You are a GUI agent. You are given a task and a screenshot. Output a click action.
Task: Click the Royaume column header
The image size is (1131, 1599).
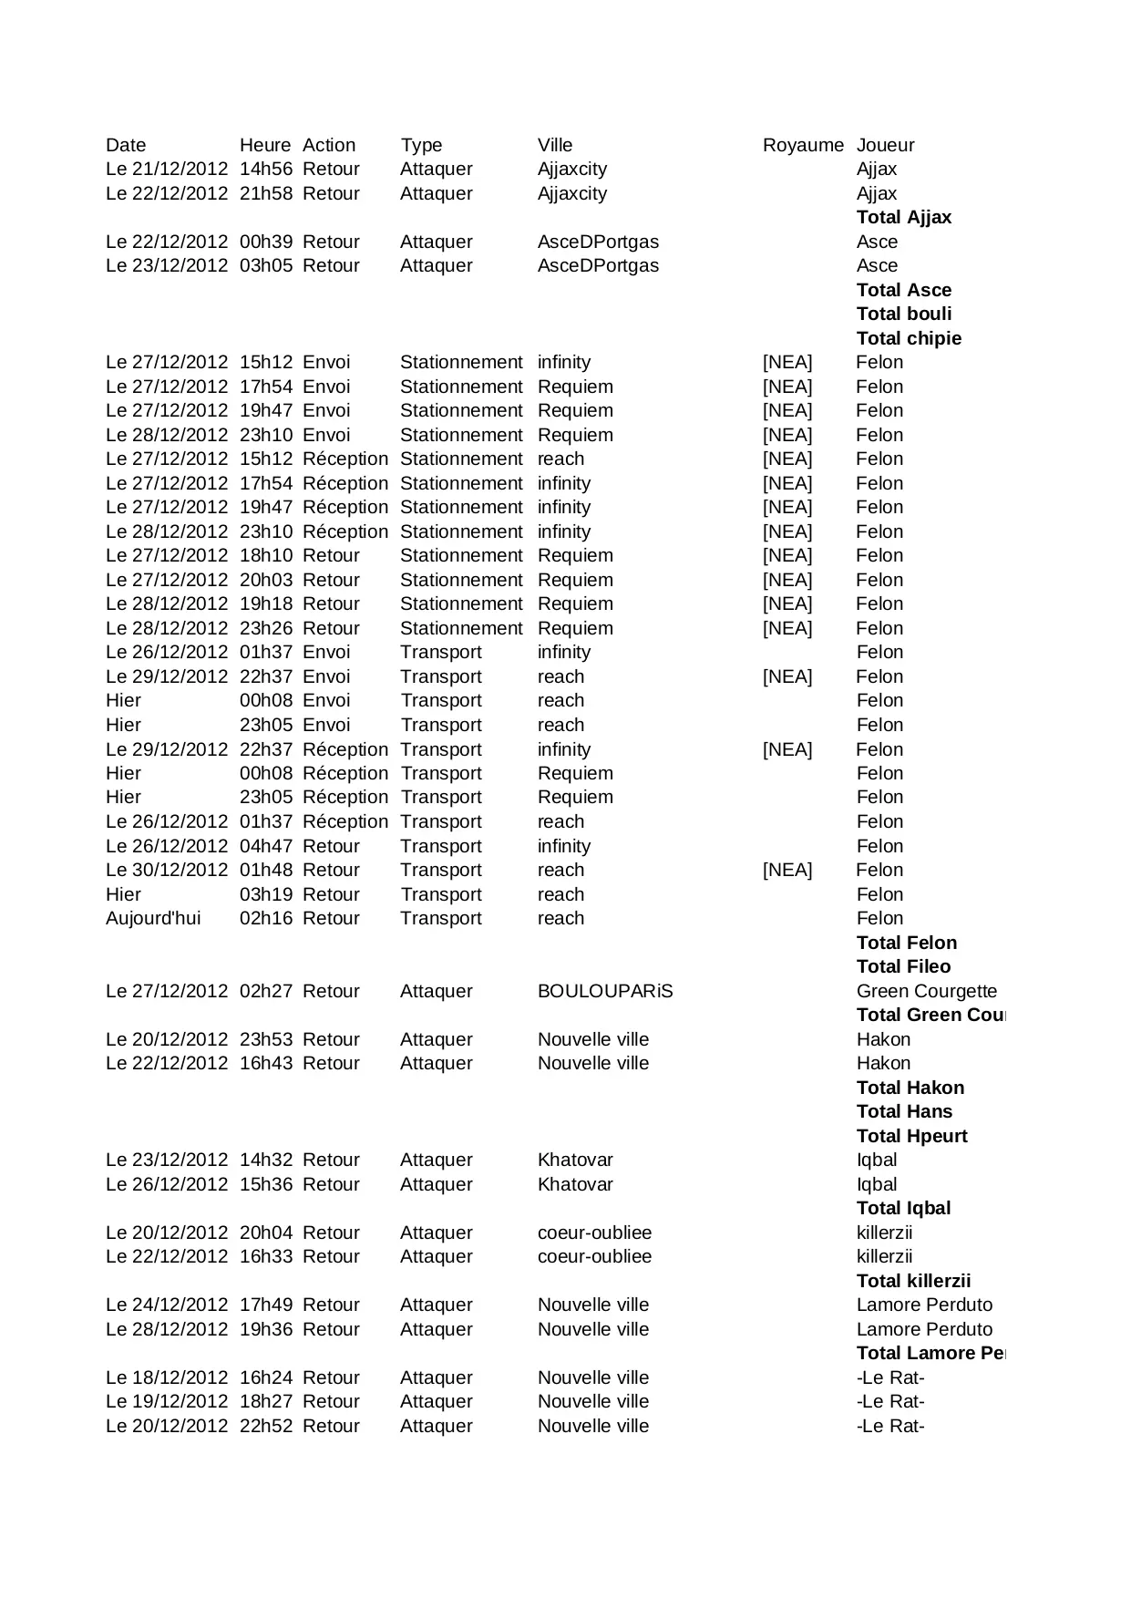(x=803, y=145)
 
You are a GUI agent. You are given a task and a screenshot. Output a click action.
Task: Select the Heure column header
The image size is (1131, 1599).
(x=264, y=145)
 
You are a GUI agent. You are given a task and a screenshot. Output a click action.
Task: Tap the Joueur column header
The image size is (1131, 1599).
(x=885, y=145)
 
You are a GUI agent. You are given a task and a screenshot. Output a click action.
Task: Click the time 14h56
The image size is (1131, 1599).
(x=265, y=169)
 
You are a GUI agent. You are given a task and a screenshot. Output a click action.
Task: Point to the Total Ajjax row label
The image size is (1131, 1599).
(x=903, y=217)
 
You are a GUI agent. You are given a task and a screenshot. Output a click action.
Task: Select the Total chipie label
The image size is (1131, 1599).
(x=909, y=338)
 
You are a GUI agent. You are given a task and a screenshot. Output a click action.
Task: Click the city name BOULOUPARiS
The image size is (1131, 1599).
(x=604, y=991)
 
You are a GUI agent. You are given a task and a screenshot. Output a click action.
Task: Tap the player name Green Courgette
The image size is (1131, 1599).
(x=926, y=991)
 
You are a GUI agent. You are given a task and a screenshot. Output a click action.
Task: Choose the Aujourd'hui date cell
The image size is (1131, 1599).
(x=153, y=918)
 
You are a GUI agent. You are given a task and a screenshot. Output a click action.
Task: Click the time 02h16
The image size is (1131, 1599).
(x=265, y=918)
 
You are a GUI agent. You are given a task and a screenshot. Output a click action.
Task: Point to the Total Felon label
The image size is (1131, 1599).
(x=906, y=943)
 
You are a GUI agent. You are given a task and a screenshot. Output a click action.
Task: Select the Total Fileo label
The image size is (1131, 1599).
(x=903, y=966)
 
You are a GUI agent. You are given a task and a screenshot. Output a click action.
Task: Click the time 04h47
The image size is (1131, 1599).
(x=265, y=846)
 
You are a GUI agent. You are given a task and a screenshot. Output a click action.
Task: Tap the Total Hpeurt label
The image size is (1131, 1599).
(x=911, y=1136)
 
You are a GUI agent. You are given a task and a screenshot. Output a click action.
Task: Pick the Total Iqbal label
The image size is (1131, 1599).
(x=903, y=1208)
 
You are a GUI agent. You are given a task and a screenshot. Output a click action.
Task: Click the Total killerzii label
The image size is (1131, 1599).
(x=913, y=1281)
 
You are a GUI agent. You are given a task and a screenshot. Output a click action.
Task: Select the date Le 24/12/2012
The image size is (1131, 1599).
(x=167, y=1305)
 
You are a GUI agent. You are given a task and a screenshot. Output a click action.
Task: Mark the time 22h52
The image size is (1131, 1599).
(x=265, y=1426)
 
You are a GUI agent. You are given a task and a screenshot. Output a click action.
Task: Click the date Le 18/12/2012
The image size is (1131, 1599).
(x=167, y=1377)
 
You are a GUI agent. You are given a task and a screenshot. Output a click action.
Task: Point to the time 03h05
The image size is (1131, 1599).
(x=265, y=265)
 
